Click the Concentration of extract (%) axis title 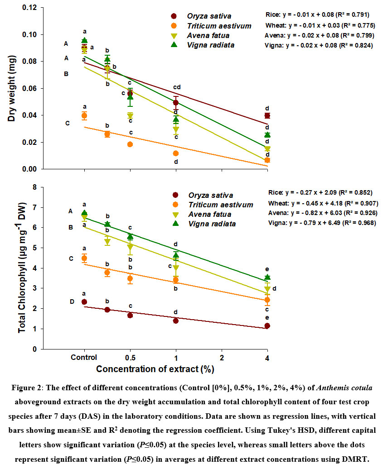pos(155,369)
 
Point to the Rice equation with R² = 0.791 pos(319,14)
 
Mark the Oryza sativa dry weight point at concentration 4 pos(267,116)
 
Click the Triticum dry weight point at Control pos(84,116)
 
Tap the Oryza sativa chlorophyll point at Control pos(84,302)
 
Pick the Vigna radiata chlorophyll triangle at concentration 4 pos(267,277)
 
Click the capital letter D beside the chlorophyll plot pos(71,302)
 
